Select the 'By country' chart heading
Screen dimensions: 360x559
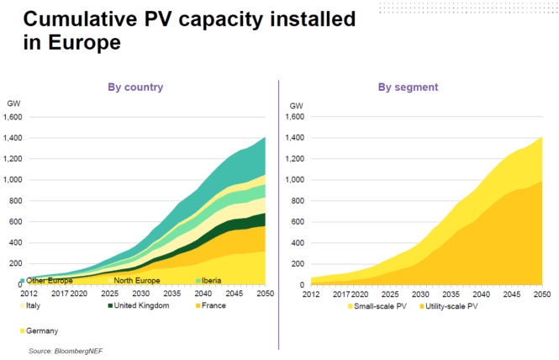[134, 87]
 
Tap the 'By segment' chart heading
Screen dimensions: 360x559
[408, 87]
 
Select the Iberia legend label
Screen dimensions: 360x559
[214, 280]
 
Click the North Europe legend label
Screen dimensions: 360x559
[137, 280]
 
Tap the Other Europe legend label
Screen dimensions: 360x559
[48, 280]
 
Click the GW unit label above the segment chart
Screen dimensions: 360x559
[296, 104]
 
